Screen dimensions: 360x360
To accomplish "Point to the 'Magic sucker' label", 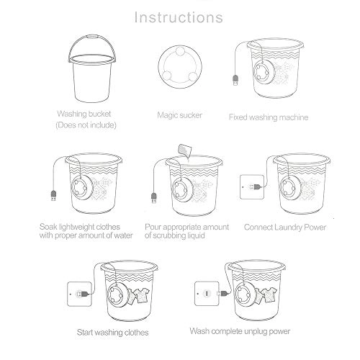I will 179,114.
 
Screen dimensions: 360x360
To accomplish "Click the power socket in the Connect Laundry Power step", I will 248,186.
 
